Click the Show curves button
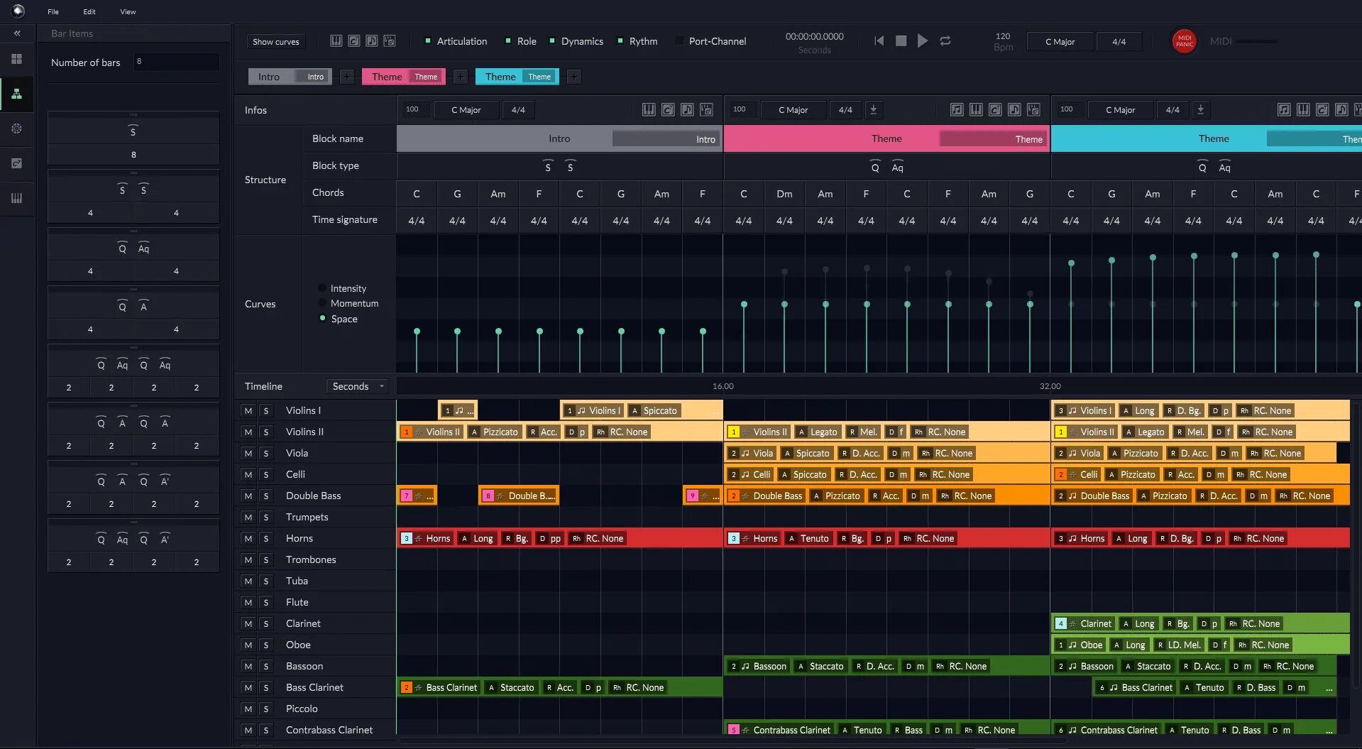276,41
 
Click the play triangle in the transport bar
922,41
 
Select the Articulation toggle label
461,41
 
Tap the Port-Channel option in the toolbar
717,41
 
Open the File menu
53,11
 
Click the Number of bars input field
176,62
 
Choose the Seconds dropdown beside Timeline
358,386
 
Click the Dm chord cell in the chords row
784,193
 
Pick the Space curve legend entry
344,319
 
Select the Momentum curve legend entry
354,303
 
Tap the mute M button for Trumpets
248,517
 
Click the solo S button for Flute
266,602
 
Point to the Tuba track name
297,581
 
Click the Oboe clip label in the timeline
1091,645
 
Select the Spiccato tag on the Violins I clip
659,410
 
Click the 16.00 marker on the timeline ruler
723,386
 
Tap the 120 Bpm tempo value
1003,36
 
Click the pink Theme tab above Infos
387,77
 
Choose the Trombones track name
311,559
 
